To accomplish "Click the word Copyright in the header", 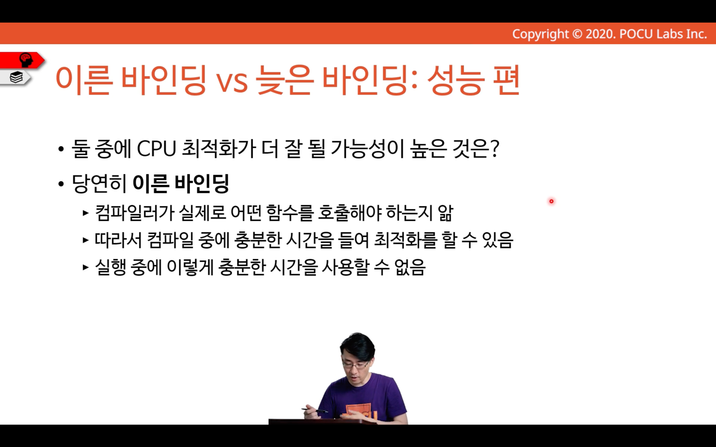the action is [540, 34].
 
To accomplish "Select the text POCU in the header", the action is [636, 34].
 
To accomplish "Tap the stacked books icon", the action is [16, 77].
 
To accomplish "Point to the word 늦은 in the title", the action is [284, 80].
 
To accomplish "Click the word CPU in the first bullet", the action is [157, 149].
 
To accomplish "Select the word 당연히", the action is [99, 184].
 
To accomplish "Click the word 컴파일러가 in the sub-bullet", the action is [134, 213].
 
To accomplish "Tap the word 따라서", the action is [118, 240].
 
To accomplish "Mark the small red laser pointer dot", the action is [551, 201].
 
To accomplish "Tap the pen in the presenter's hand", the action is [314, 410].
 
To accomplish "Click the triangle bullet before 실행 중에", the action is [85, 267].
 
